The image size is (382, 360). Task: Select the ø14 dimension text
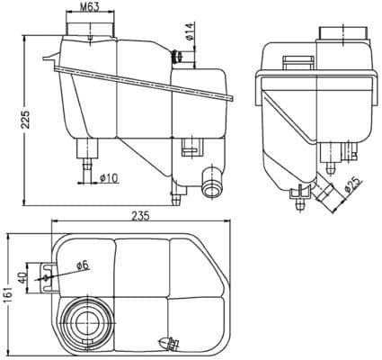(x=190, y=36)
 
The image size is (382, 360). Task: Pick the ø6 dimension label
(x=81, y=265)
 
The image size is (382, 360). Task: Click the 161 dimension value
(x=10, y=293)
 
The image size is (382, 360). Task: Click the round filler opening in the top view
(x=87, y=319)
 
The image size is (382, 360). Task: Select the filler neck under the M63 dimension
(x=91, y=31)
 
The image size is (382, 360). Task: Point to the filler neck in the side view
(x=342, y=34)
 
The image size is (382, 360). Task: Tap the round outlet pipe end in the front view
(x=212, y=187)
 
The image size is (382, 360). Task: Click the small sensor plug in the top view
(x=167, y=343)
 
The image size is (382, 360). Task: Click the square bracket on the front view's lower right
(x=191, y=146)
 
